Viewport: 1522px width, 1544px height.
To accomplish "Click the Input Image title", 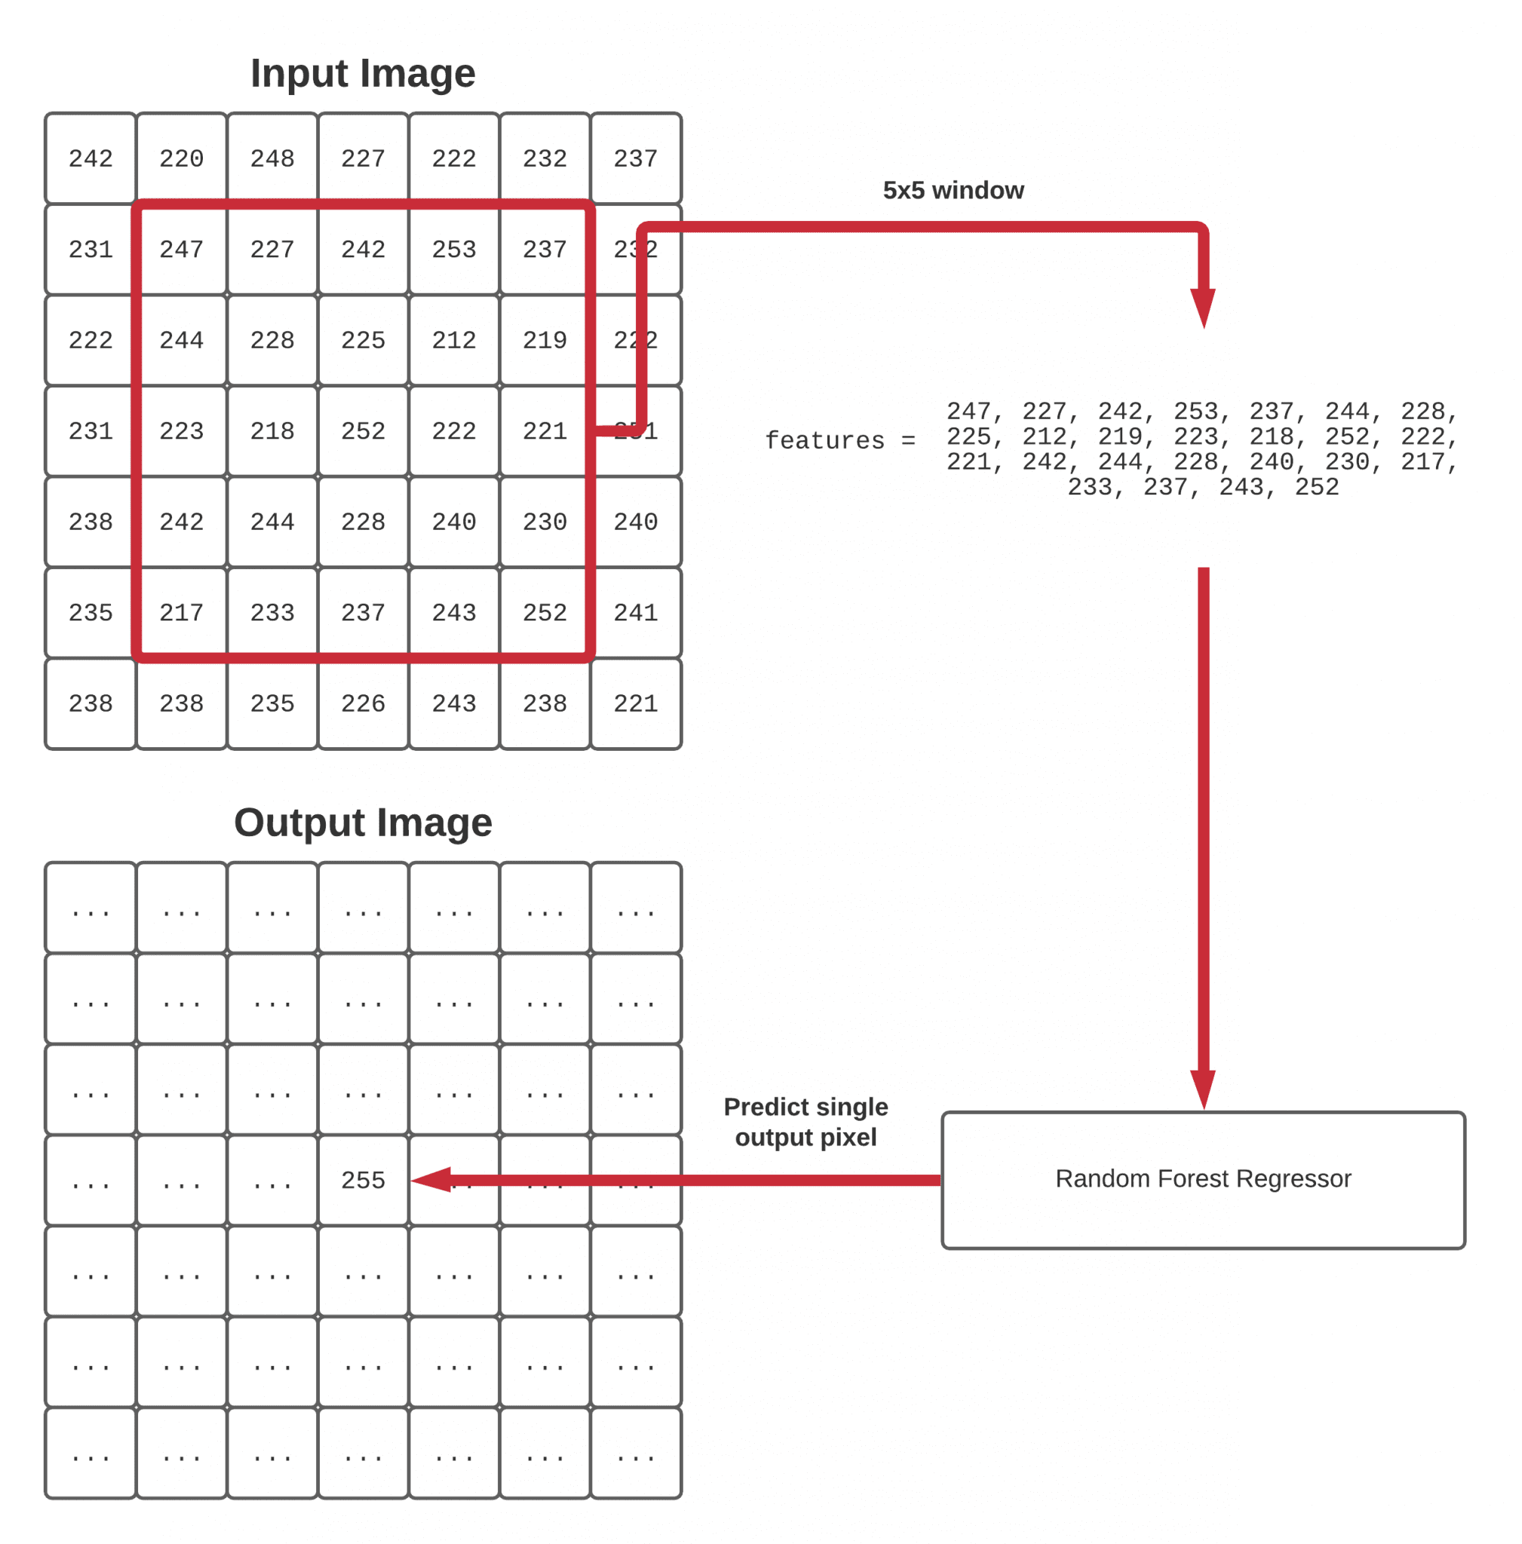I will [362, 74].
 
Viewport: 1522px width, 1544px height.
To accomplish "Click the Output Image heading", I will [362, 823].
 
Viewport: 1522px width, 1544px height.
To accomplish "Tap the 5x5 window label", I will [953, 190].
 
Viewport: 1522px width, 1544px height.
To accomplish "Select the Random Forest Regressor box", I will [1203, 1180].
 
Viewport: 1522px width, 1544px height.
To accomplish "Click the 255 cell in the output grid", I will [363, 1180].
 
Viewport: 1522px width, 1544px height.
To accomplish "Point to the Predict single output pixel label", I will [805, 1121].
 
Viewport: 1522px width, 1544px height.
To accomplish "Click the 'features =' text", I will [839, 440].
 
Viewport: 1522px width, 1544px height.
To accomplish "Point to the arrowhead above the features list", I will [1203, 308].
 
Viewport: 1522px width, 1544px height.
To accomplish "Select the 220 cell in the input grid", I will [182, 158].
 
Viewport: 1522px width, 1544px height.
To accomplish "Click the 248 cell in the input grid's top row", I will [272, 158].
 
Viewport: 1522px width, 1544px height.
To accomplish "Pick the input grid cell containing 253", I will [454, 250].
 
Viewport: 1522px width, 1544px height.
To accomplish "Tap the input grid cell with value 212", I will [454, 341].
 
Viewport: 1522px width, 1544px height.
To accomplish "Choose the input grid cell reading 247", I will [182, 250].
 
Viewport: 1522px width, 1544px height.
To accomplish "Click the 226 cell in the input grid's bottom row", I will [363, 703].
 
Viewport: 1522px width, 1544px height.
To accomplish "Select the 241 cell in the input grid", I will [636, 613].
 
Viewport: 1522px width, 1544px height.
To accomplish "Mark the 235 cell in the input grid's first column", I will [91, 613].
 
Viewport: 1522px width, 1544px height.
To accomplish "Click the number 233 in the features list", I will [1090, 487].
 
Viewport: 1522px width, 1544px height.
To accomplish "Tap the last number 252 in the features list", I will [1317, 487].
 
